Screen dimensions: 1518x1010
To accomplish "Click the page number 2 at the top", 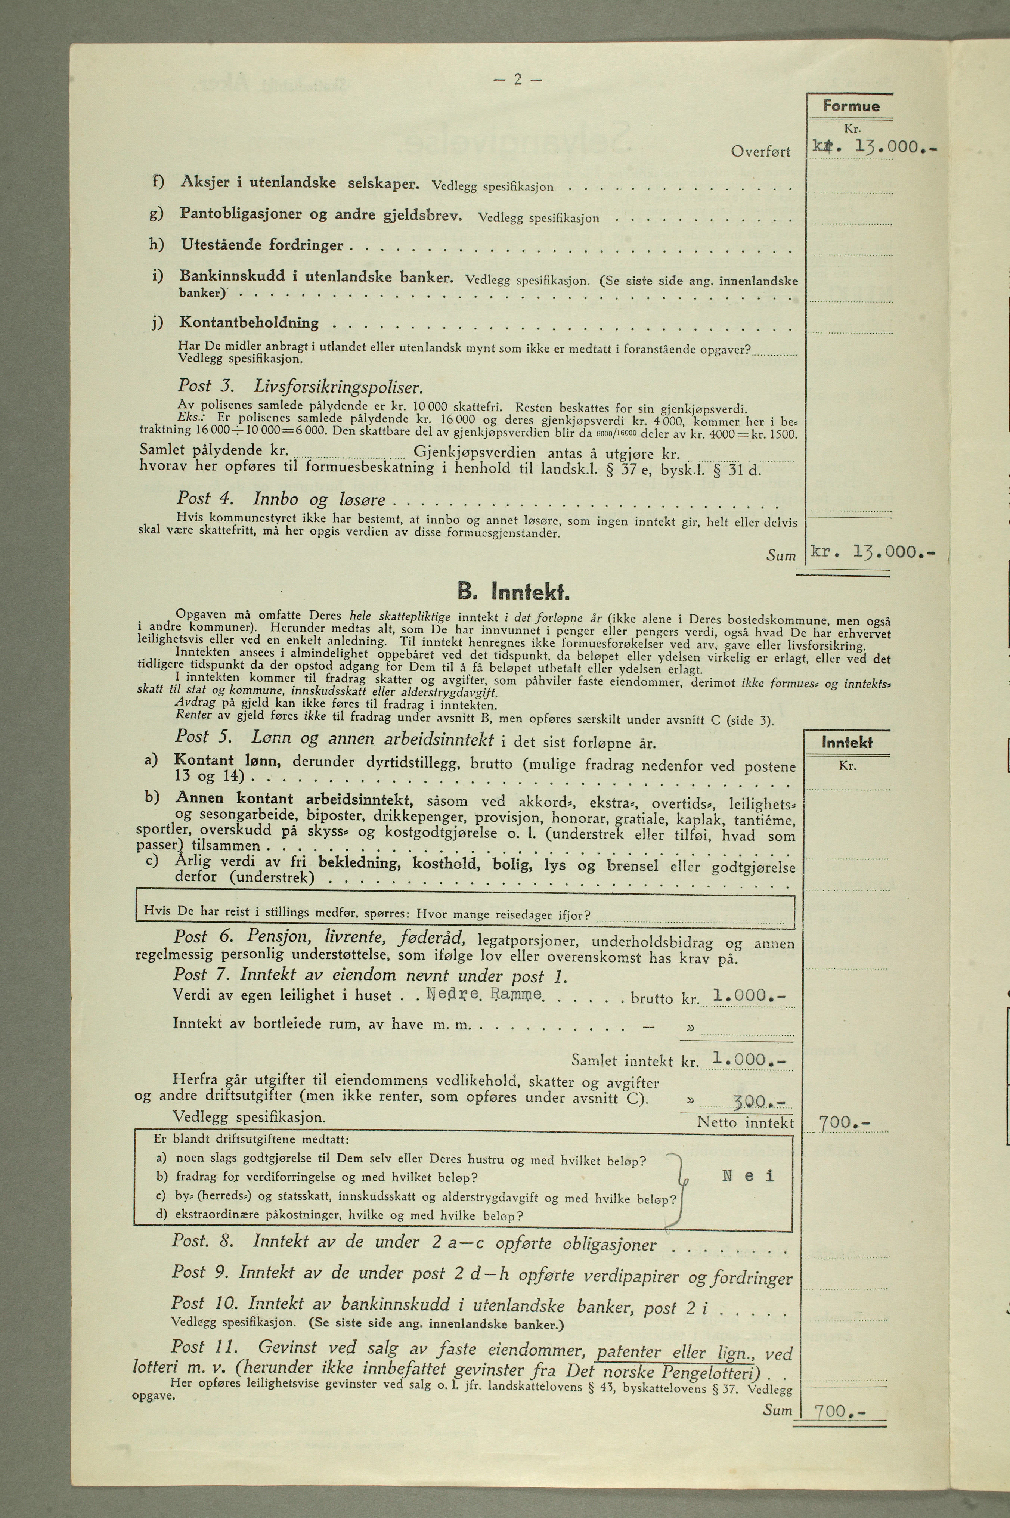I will point(517,80).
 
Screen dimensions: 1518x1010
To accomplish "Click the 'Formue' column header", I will point(850,106).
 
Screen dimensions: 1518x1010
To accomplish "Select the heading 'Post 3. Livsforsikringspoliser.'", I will point(300,387).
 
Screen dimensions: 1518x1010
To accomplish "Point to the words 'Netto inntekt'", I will point(745,1123).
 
